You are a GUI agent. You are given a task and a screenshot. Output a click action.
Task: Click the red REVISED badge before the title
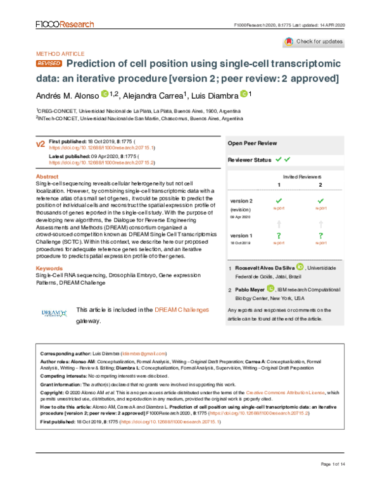coord(49,65)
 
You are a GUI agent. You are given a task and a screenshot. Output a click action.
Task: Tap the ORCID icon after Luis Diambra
coord(244,94)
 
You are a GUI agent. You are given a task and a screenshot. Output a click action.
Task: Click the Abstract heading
coord(47,177)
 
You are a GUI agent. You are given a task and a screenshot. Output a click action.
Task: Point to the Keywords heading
coord(49,268)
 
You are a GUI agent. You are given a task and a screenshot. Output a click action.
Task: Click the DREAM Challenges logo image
coord(54,313)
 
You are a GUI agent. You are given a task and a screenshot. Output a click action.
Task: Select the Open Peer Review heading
coord(252,144)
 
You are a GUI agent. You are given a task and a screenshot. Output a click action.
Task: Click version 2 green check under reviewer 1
coord(279,201)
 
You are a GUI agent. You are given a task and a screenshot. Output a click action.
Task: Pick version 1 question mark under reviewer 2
coord(321,235)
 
